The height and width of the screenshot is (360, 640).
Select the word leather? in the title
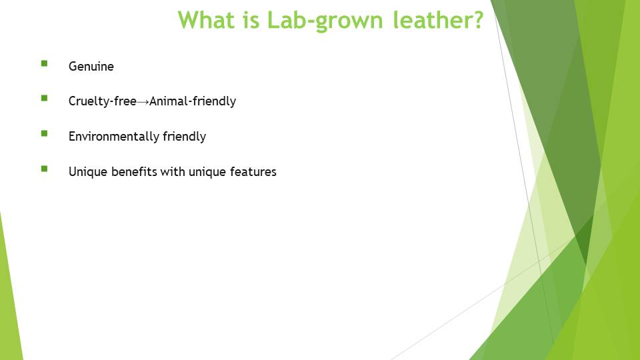[439, 19]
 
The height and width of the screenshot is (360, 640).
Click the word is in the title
[251, 19]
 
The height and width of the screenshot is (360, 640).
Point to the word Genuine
[91, 66]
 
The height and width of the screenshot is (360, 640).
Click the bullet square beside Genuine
[44, 63]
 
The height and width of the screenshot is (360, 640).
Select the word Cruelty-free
[103, 101]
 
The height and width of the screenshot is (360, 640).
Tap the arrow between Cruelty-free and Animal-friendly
[143, 101]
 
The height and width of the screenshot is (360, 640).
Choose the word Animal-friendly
[193, 101]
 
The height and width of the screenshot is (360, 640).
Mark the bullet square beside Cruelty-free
[44, 98]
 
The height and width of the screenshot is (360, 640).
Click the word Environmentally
[114, 136]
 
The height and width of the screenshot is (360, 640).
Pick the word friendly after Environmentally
[184, 136]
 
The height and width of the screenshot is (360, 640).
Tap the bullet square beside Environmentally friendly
[44, 133]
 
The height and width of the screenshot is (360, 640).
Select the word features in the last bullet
[253, 171]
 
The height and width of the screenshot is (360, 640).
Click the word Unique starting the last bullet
[88, 172]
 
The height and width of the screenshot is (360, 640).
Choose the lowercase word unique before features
[207, 172]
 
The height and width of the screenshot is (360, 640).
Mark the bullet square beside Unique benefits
[44, 169]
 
